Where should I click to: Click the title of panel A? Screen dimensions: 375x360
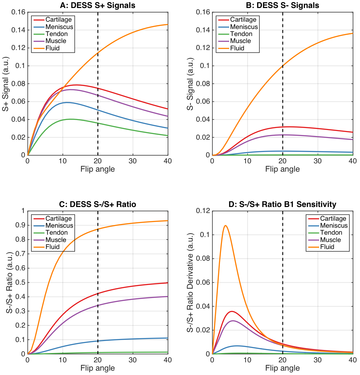98,5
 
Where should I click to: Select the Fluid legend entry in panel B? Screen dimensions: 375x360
237,48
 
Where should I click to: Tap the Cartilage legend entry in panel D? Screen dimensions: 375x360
333,219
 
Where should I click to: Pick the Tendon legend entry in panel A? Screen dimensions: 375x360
57,34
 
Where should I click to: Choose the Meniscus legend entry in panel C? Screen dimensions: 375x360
59,226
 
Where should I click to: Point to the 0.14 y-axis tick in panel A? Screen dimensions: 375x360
18,30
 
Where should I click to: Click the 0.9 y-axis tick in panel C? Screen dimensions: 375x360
21,225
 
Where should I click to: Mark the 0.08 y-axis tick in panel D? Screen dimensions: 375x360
203,258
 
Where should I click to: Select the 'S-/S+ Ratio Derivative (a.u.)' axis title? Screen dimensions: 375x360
191,282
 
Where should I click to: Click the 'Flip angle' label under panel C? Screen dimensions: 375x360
98,368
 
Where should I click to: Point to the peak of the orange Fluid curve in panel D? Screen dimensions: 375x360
226,226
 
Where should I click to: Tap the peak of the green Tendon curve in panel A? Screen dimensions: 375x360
70,119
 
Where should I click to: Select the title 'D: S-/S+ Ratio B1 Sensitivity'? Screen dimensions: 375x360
282,204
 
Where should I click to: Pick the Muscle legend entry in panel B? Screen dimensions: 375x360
240,41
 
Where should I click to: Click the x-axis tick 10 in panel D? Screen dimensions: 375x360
247,360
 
